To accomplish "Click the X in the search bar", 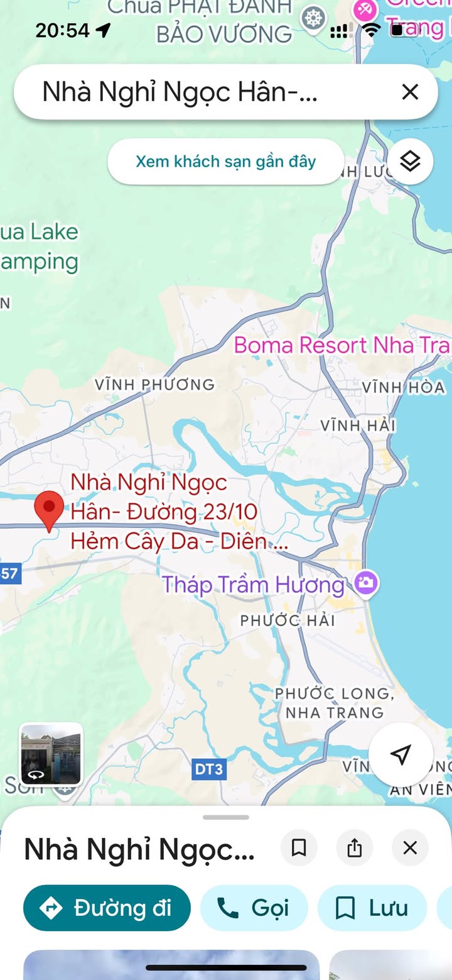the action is coord(410,92).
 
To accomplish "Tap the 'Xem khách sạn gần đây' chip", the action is coord(225,162).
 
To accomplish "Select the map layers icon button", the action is coord(410,162).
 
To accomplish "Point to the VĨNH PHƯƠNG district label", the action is coord(154,384).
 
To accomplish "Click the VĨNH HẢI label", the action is coord(358,426).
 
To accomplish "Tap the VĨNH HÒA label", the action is coord(403,387).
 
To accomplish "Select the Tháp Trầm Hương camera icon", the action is coord(366,583).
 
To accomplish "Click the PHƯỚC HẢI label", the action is coord(288,620).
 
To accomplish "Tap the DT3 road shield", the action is coord(208,769).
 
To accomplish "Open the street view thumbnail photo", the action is coord(51,754).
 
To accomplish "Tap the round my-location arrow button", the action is coord(401,754).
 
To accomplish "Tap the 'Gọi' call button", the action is coord(254,908).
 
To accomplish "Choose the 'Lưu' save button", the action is coord(372,908).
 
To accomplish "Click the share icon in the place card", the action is coord(355,849).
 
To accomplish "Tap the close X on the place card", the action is coord(410,849).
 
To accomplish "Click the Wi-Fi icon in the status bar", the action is coord(372,30).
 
